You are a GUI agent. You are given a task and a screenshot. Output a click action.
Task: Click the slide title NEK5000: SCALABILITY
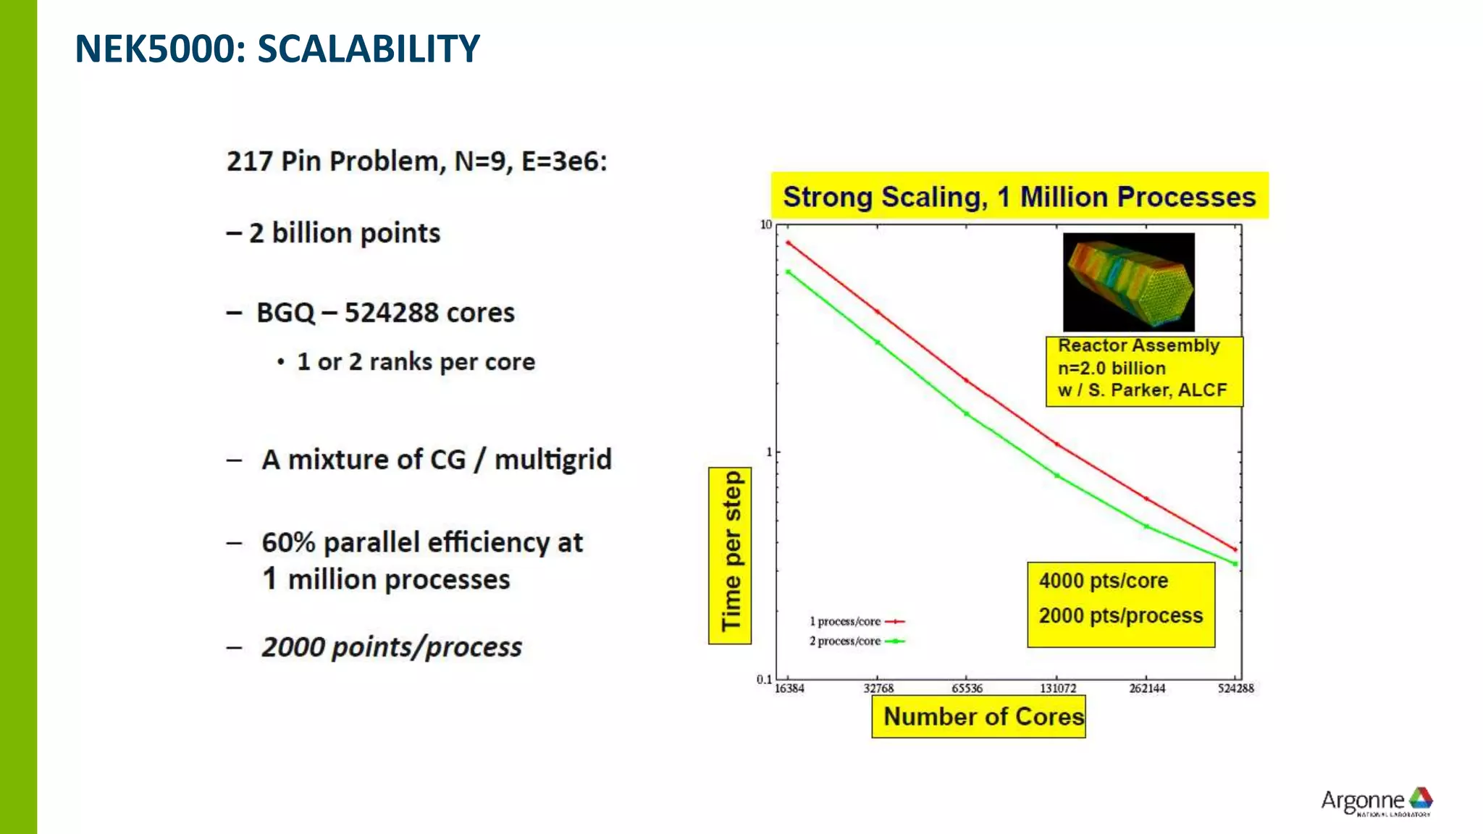[x=277, y=49]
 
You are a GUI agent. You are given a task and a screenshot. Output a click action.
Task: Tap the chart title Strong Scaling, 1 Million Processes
[x=1019, y=196]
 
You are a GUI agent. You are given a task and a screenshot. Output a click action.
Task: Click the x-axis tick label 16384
[x=789, y=688]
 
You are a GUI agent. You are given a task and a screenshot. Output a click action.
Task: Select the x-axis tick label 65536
[x=967, y=688]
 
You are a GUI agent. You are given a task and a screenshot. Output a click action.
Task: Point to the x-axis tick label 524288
[x=1235, y=688]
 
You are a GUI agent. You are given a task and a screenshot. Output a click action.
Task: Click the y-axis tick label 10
[x=765, y=225]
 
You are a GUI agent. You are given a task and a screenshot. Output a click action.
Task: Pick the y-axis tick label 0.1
[x=764, y=679]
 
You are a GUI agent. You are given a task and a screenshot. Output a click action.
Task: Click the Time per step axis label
[x=730, y=555]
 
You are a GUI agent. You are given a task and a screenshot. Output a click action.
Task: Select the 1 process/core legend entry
[x=856, y=621]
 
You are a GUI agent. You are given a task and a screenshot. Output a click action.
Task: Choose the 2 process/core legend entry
[x=856, y=641]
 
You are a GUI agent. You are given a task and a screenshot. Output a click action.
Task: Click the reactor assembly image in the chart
[x=1128, y=282]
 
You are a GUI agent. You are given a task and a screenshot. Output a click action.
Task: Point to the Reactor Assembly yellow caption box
[x=1144, y=371]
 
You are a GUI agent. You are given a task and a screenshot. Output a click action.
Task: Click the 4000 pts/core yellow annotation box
[x=1120, y=604]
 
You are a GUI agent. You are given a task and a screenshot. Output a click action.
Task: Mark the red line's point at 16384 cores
[x=789, y=243]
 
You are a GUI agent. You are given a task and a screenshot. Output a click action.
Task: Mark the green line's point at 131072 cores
[x=1056, y=476]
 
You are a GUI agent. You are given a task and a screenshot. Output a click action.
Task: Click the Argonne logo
[x=1376, y=801]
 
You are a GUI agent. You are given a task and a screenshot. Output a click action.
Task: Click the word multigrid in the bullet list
[x=553, y=460]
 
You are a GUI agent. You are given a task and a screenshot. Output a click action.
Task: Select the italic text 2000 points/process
[x=391, y=646]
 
